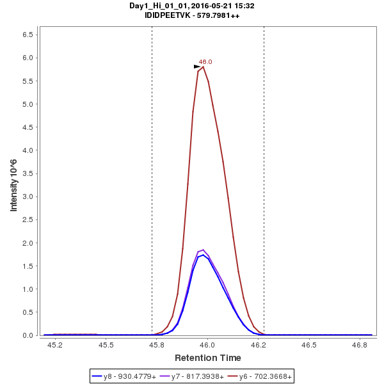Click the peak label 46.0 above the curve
205,61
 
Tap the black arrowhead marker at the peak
197,67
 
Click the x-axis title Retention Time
208,358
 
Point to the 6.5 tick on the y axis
28,35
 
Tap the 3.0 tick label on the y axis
28,196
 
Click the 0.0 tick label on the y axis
28,335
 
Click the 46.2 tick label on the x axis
259,345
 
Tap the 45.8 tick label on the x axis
157,345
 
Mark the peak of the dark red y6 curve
203,67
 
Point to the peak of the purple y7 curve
203,250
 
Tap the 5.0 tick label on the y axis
28,104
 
